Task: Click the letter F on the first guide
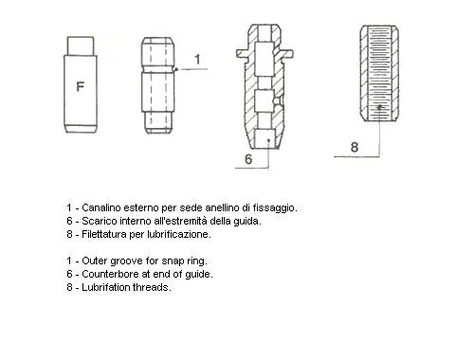click(x=81, y=86)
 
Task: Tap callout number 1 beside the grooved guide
click(x=197, y=60)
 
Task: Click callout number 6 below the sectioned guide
click(x=248, y=159)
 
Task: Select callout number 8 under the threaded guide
click(x=355, y=147)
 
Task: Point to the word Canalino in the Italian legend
click(x=101, y=207)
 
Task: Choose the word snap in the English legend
click(x=172, y=261)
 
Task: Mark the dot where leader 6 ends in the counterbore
click(x=268, y=139)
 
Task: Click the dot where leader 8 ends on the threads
click(x=379, y=107)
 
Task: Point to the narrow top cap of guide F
click(x=81, y=46)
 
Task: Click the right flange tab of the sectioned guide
click(x=287, y=53)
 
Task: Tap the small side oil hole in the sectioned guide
click(x=276, y=101)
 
